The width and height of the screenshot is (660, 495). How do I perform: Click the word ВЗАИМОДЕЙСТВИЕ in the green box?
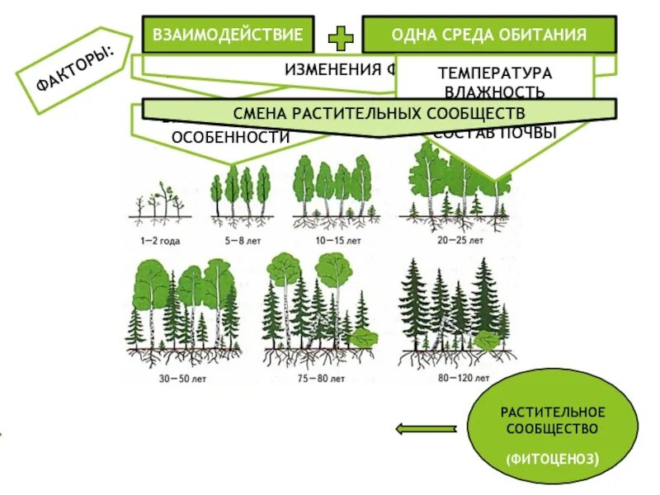229,35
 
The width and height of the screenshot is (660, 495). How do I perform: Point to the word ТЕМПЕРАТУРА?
495,73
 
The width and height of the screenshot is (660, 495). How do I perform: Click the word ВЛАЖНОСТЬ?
495,92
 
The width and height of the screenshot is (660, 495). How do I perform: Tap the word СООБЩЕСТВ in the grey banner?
477,112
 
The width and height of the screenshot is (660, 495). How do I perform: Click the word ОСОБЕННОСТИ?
230,138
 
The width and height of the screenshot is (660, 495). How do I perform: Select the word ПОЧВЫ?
532,132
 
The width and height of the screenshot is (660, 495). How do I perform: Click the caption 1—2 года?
160,242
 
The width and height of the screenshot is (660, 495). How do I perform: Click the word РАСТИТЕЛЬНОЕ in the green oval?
553,412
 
